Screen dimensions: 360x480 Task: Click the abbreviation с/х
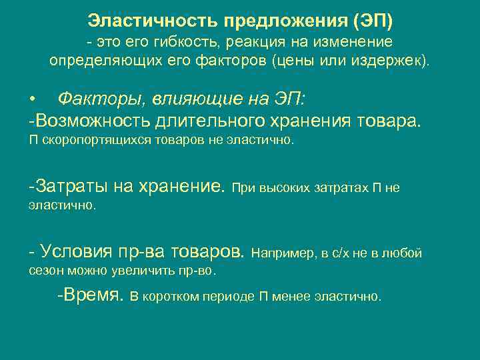(x=343, y=253)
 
